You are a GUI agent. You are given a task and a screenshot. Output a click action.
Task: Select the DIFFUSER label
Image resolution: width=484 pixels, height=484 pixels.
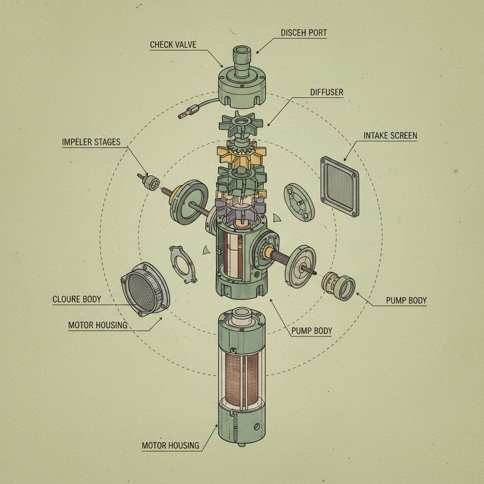(327, 92)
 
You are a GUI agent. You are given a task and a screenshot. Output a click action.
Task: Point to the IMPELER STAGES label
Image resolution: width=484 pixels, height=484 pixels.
(91, 142)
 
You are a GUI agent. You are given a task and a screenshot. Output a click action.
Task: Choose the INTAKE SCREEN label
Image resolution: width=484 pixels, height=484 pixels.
(390, 136)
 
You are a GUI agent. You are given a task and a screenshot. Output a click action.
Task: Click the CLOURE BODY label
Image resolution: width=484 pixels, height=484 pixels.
(77, 299)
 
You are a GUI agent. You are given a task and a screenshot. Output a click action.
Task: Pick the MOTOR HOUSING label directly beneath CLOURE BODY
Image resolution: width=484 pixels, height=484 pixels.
(97, 325)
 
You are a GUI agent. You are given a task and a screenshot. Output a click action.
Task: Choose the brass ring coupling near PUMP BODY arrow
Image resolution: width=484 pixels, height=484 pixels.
(338, 286)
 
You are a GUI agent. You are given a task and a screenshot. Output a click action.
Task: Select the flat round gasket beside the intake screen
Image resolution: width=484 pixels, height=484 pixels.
(299, 201)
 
